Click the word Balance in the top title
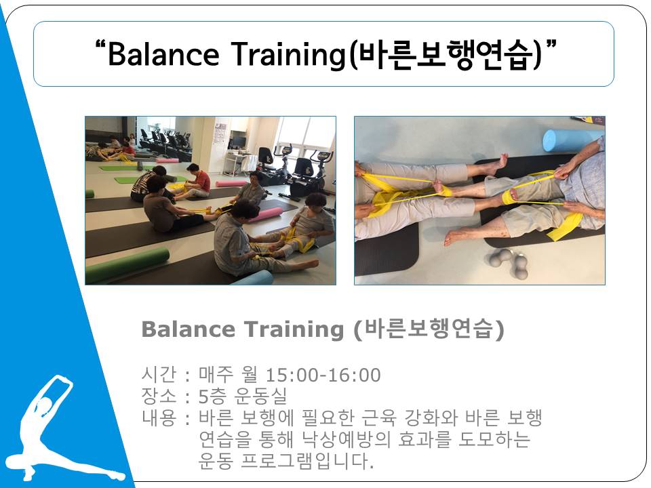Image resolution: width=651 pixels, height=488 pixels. [x=163, y=54]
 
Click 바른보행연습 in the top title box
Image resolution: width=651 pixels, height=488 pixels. [x=444, y=54]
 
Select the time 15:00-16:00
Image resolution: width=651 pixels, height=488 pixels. [x=323, y=375]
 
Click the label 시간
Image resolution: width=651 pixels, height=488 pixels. [x=159, y=375]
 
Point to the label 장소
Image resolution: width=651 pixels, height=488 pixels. [x=159, y=396]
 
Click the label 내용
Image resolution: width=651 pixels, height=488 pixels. [x=159, y=418]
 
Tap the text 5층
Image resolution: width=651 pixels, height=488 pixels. [x=212, y=396]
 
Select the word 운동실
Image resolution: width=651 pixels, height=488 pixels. [x=260, y=396]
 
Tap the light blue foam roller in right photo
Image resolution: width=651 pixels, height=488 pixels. [x=573, y=140]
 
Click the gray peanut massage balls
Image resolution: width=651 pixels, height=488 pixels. [x=508, y=262]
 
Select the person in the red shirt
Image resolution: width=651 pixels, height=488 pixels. [x=199, y=181]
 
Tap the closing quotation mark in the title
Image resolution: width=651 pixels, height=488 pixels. [x=551, y=43]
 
